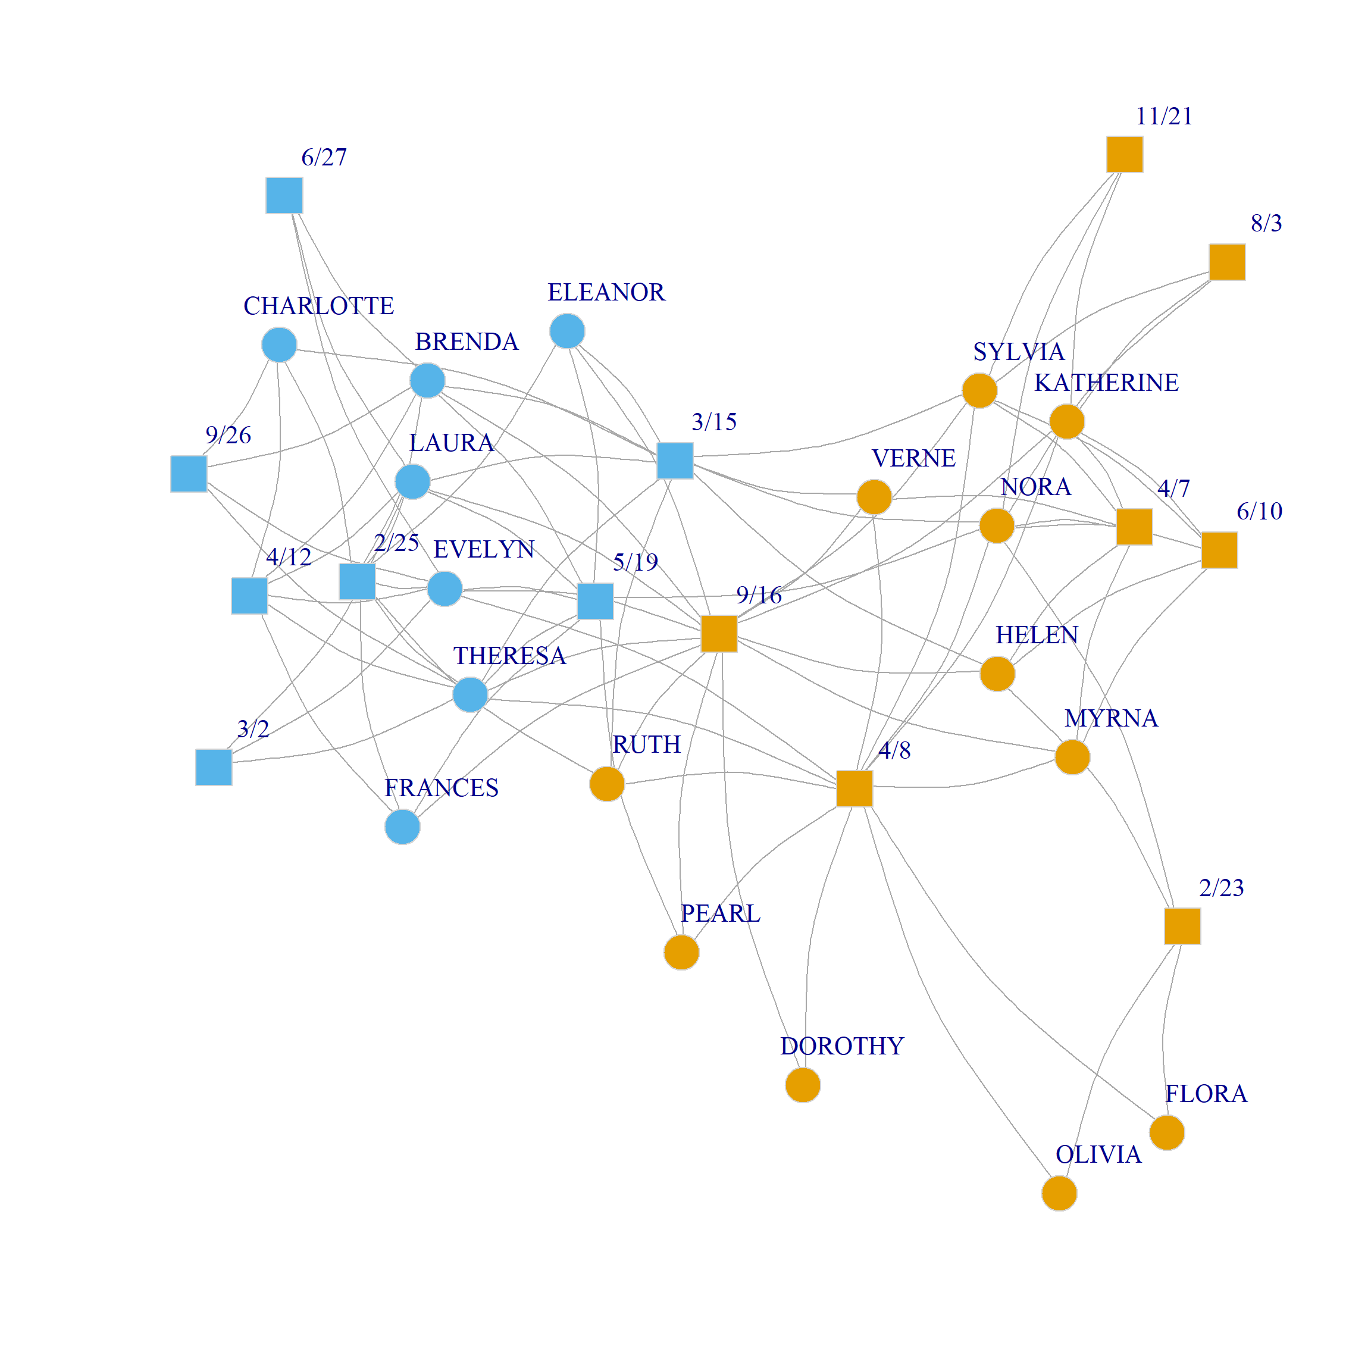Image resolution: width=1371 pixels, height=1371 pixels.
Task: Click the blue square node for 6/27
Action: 284,195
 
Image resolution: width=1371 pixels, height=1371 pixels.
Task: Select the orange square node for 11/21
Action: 1125,154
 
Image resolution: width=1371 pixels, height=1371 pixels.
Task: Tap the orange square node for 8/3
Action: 1227,262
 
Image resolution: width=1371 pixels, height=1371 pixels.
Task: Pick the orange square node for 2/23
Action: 1182,925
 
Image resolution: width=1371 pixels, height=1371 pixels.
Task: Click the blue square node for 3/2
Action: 214,767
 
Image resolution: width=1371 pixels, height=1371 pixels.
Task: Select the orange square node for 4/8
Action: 854,788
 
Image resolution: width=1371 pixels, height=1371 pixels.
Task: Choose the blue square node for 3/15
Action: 675,461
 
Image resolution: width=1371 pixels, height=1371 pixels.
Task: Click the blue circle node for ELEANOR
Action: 567,331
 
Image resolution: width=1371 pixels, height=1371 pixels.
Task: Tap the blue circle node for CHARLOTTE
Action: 279,345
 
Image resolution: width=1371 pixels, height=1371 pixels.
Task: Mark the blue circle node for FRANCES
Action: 402,827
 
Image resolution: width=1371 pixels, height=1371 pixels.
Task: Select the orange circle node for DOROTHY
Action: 803,1085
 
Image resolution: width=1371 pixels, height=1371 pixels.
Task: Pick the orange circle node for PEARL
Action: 681,951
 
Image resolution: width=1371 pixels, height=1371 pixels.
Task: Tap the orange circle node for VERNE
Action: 874,497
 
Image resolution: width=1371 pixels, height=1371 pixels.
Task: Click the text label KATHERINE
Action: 1106,383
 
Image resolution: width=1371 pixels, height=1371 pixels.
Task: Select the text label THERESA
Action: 509,656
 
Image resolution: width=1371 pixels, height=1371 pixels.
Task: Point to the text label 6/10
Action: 1259,511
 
